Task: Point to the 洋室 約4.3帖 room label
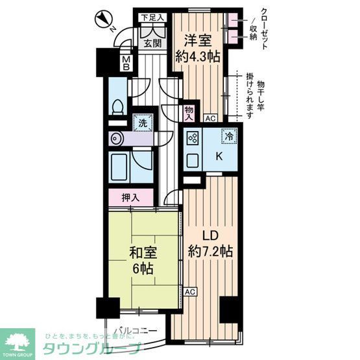[198, 47]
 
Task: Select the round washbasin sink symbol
[117, 138]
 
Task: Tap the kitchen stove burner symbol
[192, 137]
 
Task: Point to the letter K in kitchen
[219, 155]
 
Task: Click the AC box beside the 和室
[189, 292]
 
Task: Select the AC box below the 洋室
[210, 118]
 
